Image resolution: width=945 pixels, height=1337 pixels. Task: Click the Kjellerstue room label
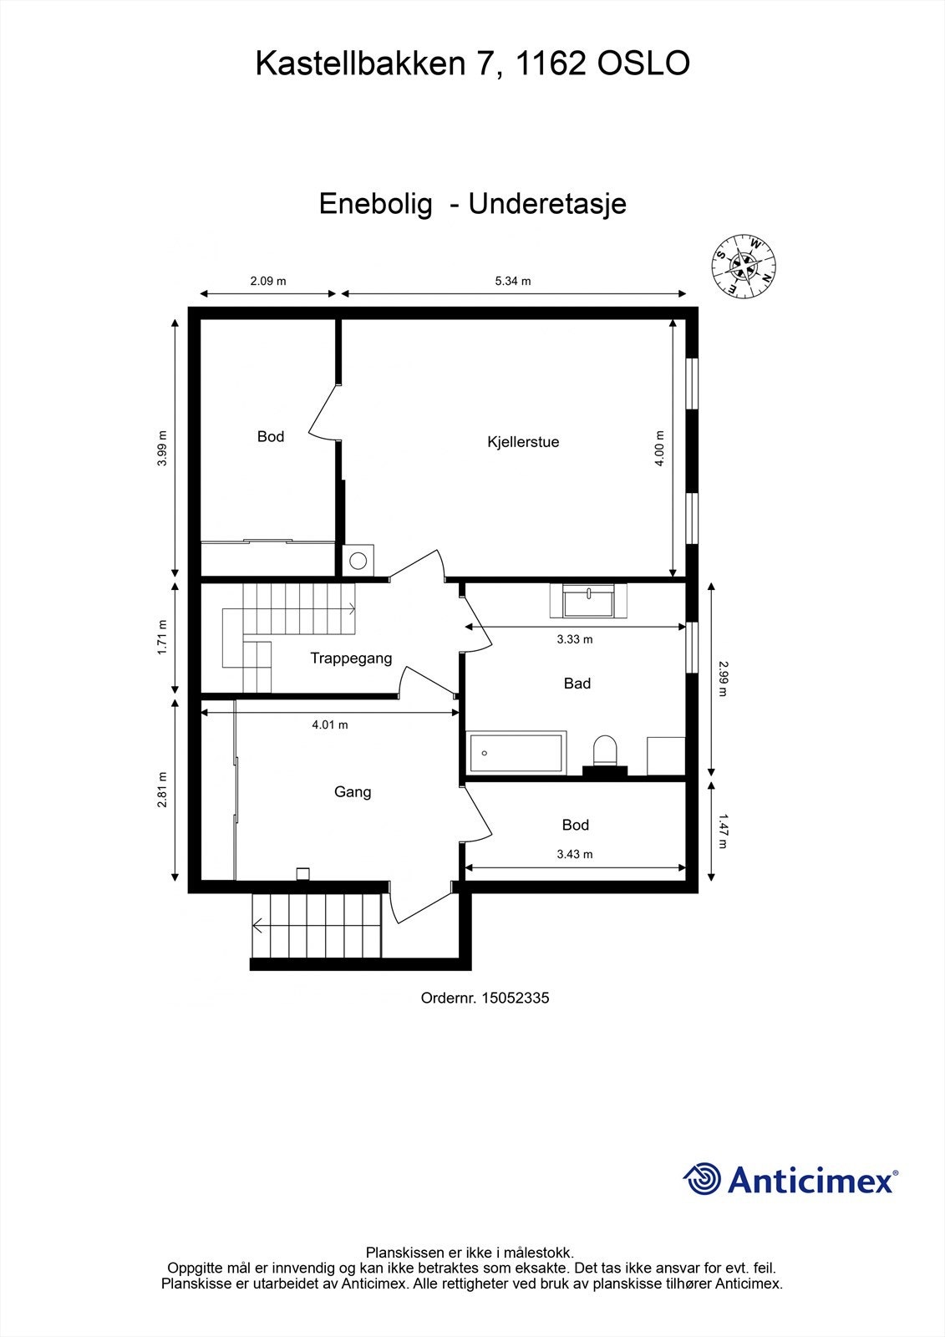click(x=523, y=442)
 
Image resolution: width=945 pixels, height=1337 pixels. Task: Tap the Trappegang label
click(x=351, y=658)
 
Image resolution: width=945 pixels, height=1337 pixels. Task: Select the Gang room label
click(x=353, y=791)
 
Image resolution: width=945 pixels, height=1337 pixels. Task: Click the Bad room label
click(x=577, y=684)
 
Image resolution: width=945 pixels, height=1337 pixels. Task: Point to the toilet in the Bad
click(x=604, y=750)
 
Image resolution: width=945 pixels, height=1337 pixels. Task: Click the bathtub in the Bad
click(x=516, y=752)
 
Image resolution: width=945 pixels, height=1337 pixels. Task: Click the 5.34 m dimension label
click(x=513, y=281)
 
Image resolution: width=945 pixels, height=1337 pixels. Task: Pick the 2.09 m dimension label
click(x=268, y=281)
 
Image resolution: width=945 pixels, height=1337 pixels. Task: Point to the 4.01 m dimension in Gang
click(x=330, y=724)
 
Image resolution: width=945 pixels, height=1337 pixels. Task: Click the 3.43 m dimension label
click(x=575, y=854)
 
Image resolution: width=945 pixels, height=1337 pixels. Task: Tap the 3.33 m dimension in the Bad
click(x=575, y=639)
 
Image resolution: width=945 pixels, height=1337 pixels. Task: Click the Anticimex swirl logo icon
click(x=703, y=1179)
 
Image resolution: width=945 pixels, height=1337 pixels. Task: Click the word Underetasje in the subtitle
click(x=547, y=204)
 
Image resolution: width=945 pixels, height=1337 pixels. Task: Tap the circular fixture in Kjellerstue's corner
click(x=358, y=561)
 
